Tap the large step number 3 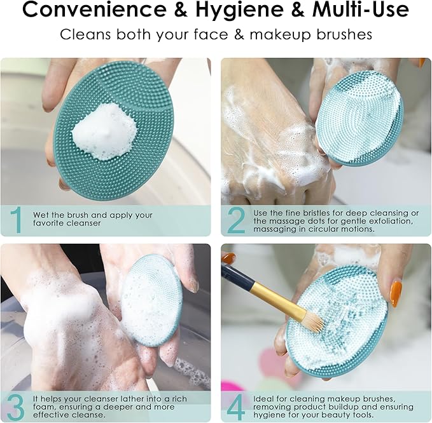[17, 406]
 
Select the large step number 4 [237, 406]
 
